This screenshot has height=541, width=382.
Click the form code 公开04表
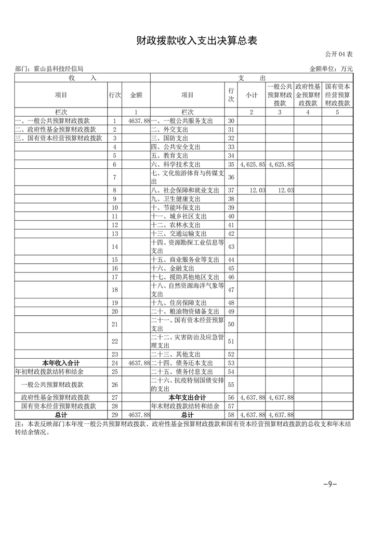pyautogui.click(x=339, y=54)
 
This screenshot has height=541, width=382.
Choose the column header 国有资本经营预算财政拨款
pyautogui.click(x=337, y=95)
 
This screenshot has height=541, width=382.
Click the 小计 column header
pyautogui.click(x=251, y=95)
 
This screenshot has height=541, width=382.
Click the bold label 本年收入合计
pyautogui.click(x=61, y=363)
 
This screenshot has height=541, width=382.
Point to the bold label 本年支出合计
pyautogui.click(x=187, y=397)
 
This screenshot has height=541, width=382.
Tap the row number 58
pyautogui.click(x=231, y=415)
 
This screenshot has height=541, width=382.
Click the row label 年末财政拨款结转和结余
pyautogui.click(x=184, y=406)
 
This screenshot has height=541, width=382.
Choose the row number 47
pyautogui.click(x=231, y=290)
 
